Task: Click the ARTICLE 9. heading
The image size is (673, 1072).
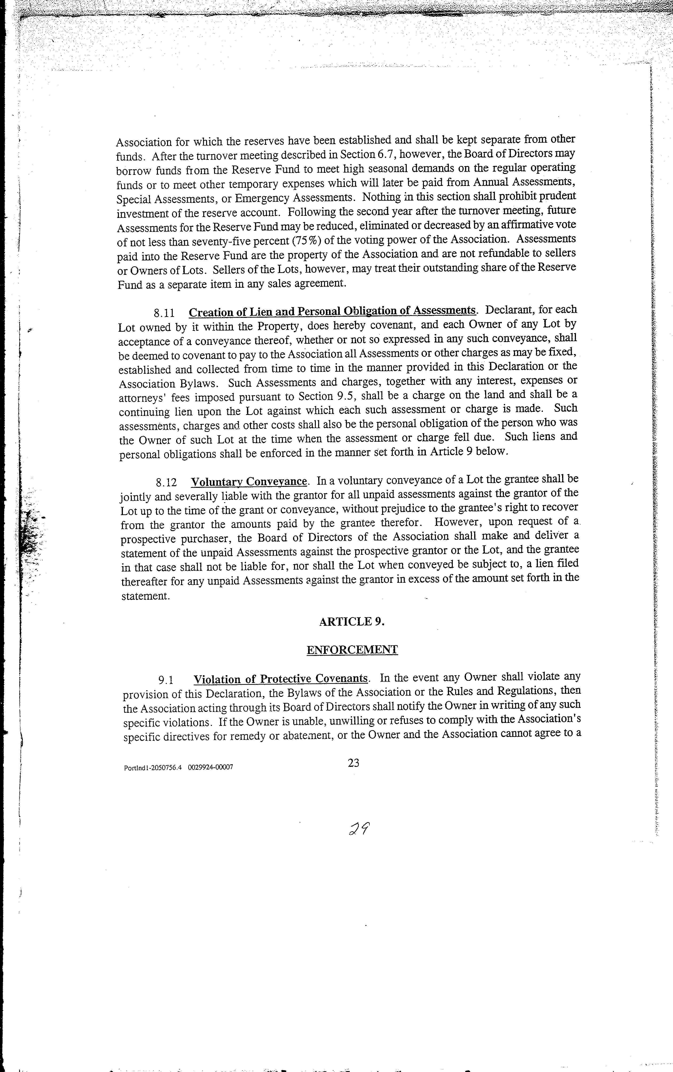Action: point(352,622)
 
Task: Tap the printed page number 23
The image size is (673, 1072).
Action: point(353,763)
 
